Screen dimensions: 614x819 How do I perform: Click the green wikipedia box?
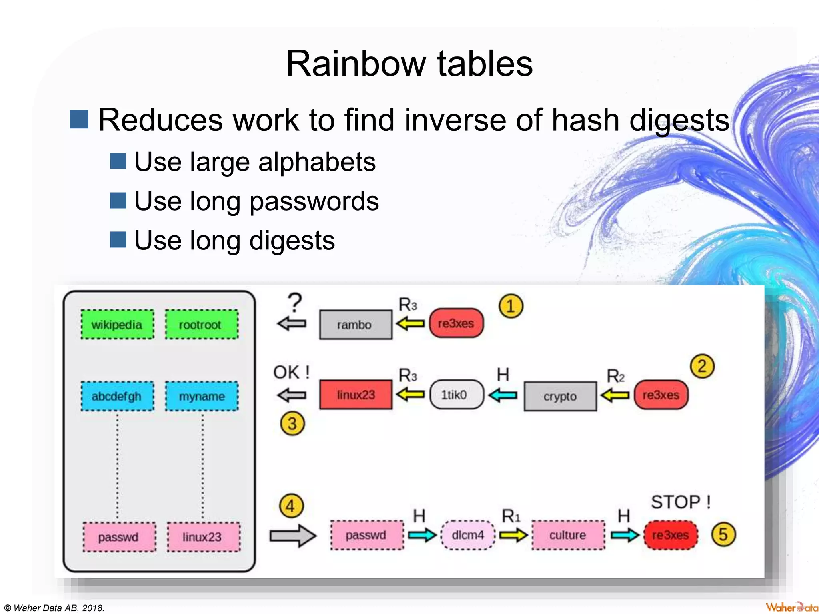[x=117, y=325]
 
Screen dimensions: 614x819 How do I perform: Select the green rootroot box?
[x=202, y=325]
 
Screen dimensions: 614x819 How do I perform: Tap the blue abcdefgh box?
[x=117, y=396]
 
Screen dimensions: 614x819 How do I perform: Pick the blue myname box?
[x=202, y=396]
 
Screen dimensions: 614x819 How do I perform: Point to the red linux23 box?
[x=355, y=395]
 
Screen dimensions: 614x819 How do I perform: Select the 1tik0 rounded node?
[x=456, y=395]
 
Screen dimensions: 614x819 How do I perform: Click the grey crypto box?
[x=560, y=396]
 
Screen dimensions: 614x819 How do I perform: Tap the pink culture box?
[x=568, y=535]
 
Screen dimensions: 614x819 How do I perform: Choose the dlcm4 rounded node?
[x=467, y=535]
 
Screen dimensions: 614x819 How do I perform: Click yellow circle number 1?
[x=510, y=306]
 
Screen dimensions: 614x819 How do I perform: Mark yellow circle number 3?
[x=292, y=423]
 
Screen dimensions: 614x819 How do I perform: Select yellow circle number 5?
[x=723, y=534]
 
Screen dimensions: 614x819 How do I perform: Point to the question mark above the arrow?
[x=295, y=303]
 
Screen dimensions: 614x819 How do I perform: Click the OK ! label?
[x=291, y=373]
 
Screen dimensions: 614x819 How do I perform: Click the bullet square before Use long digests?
[x=118, y=240]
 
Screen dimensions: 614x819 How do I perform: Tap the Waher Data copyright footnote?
[x=54, y=608]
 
